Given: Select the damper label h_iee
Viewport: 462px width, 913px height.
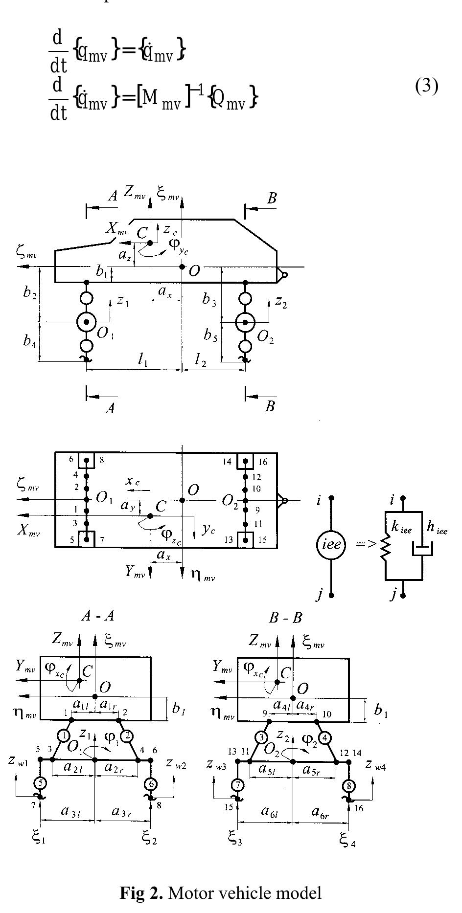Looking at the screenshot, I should (x=437, y=528).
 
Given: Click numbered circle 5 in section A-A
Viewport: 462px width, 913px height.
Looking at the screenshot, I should (x=41, y=783).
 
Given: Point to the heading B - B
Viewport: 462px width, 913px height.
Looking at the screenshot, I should (x=285, y=618).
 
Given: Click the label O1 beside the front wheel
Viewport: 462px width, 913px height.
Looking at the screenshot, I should (x=105, y=334).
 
